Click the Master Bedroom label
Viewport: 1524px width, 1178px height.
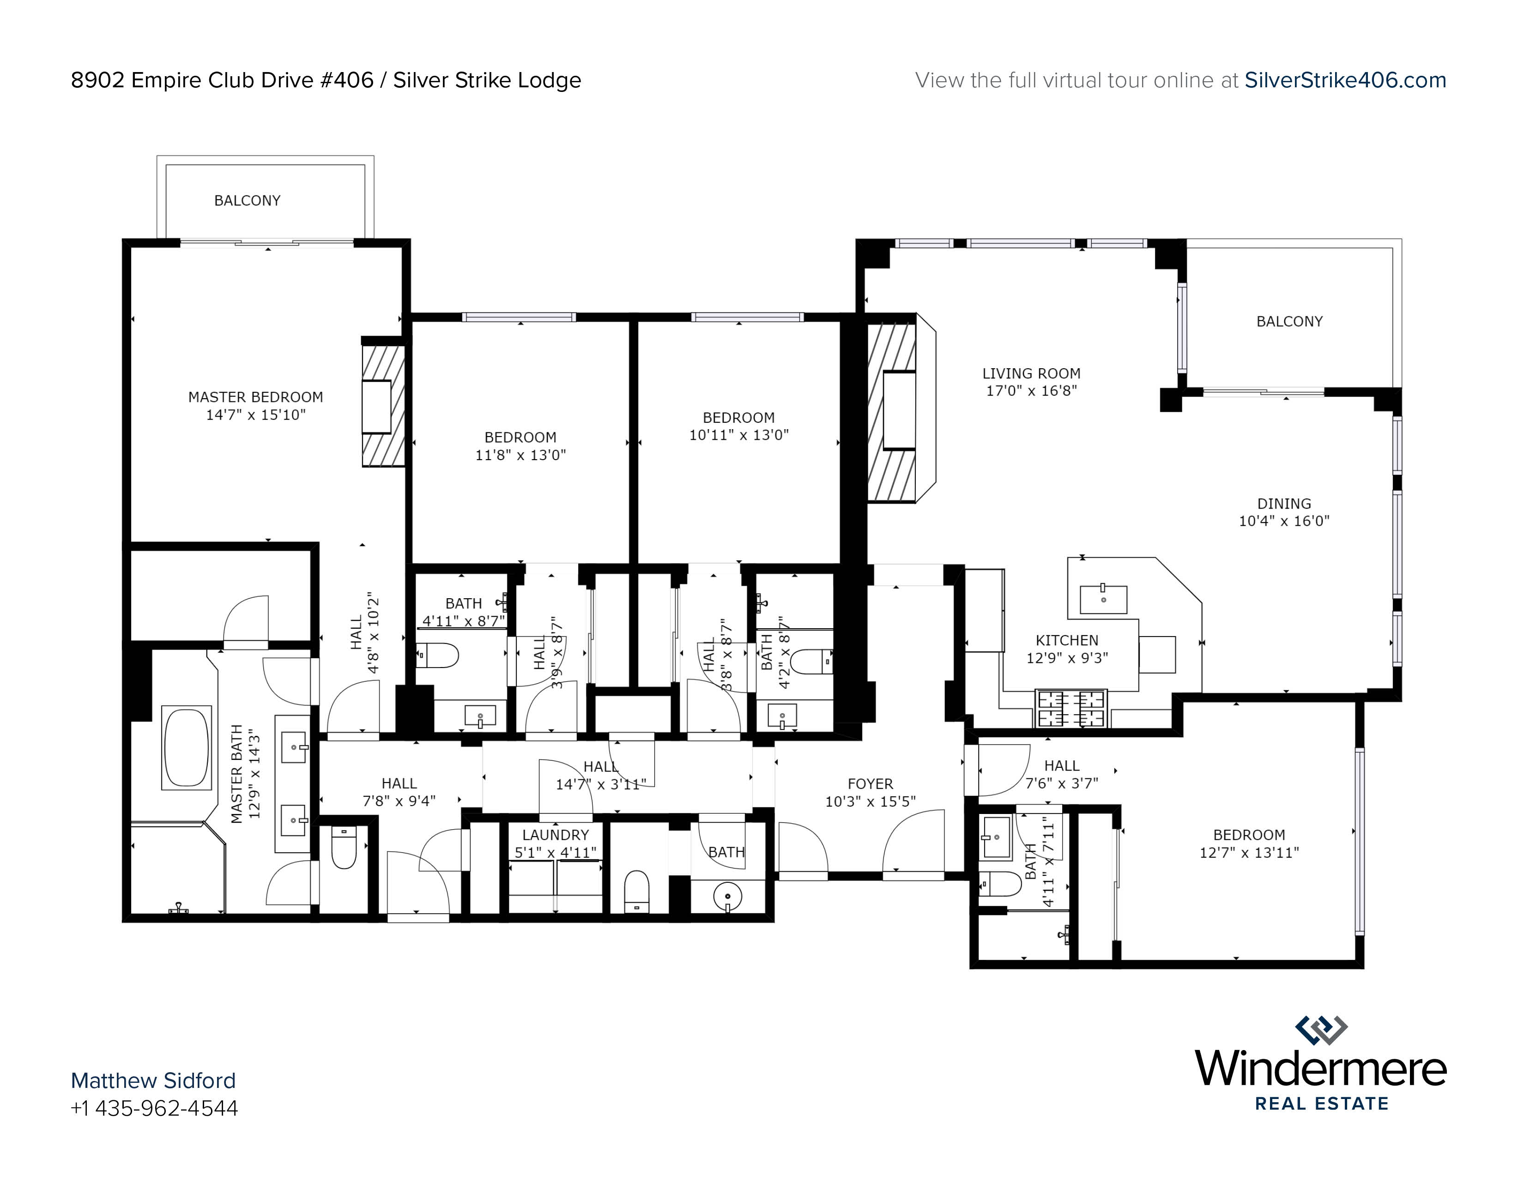pos(255,397)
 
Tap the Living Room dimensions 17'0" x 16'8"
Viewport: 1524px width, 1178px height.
pos(1031,391)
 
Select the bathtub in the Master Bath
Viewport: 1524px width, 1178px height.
pos(186,748)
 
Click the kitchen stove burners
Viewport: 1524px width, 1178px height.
pos(1070,708)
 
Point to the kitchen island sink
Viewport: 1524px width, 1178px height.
pos(1103,599)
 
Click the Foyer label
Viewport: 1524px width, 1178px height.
pos(870,783)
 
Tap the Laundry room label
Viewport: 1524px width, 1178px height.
pos(556,835)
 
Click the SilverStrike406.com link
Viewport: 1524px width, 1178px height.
pos(1345,80)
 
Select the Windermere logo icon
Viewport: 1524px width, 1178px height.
pos(1321,1031)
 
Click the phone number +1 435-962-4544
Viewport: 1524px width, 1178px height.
pos(154,1108)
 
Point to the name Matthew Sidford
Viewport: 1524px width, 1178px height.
pos(153,1081)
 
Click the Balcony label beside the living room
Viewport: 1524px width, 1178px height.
pos(1289,322)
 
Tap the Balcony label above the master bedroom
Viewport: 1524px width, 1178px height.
pos(247,201)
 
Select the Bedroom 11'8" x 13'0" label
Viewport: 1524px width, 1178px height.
pos(520,446)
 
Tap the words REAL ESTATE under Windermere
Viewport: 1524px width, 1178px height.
pos(1322,1103)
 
